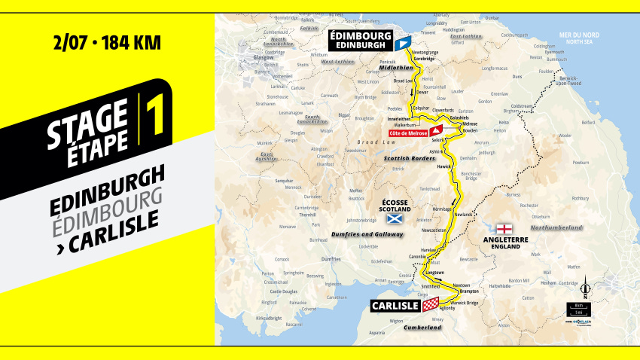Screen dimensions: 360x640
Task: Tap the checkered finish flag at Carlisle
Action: (x=431, y=304)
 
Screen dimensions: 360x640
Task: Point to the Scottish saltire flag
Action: (x=392, y=219)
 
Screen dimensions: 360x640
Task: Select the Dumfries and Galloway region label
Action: (x=367, y=234)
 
